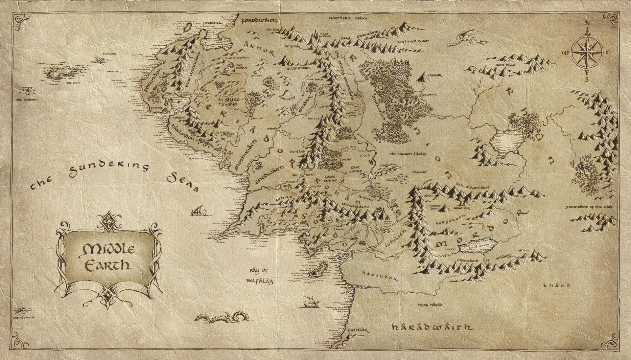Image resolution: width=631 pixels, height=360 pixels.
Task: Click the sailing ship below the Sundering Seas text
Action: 199,211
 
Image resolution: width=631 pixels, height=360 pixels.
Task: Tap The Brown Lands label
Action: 408,154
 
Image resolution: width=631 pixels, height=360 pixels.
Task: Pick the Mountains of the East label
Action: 588,207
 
